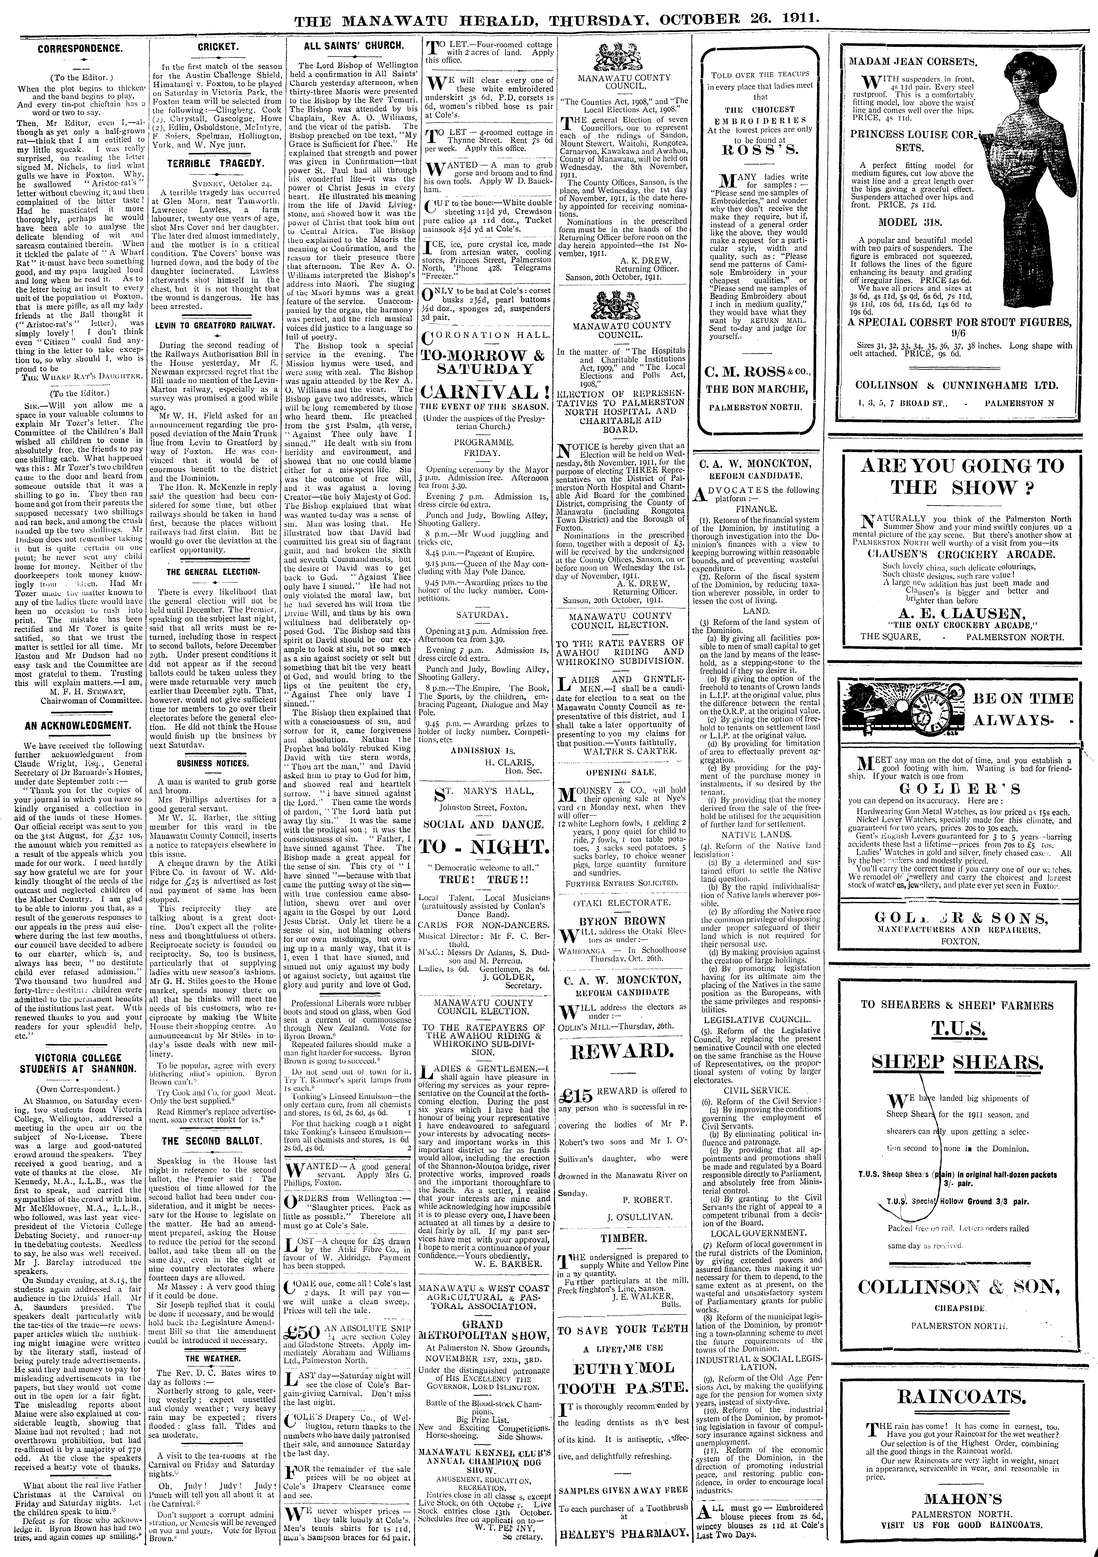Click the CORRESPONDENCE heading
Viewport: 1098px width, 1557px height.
pos(79,49)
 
